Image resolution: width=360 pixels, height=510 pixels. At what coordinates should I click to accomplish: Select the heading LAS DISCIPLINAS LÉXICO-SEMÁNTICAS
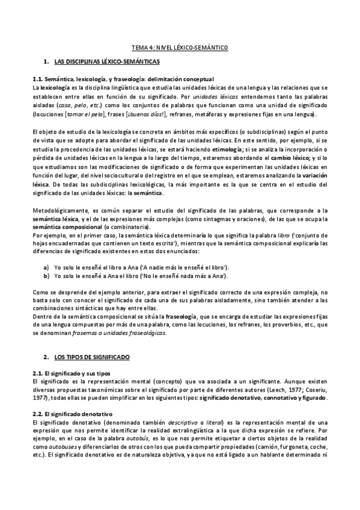[102, 62]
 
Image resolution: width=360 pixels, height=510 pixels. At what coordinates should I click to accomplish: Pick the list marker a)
[46, 251]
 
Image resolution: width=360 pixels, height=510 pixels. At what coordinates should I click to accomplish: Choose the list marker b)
[46, 259]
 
